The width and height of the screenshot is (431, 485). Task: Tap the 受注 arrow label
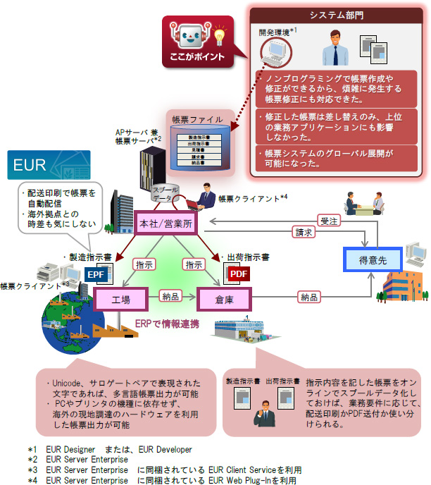328,220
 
